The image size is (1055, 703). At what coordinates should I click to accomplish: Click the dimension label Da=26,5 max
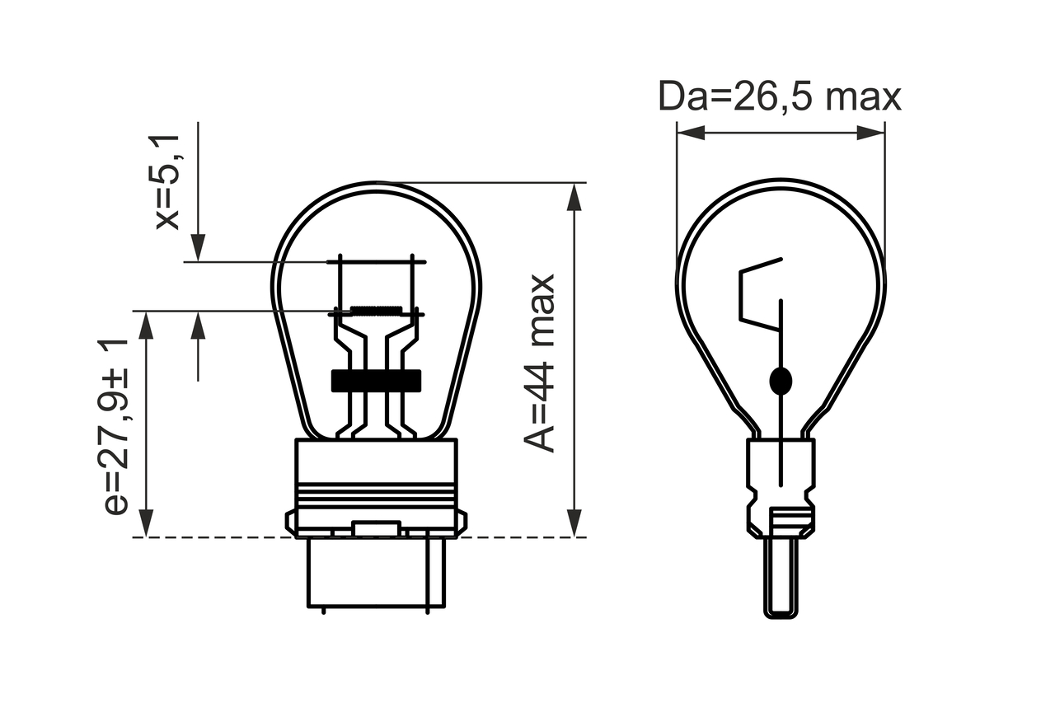click(780, 96)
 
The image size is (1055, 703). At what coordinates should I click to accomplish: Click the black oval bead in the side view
click(781, 381)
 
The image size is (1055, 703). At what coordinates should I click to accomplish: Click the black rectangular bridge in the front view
click(377, 381)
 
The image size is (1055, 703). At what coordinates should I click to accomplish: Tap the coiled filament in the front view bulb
click(377, 311)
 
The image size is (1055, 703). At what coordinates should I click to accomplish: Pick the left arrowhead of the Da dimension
click(691, 133)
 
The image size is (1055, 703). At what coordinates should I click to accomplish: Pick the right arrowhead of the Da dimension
click(871, 133)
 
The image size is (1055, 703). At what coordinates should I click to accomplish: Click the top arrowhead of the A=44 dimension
click(574, 197)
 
